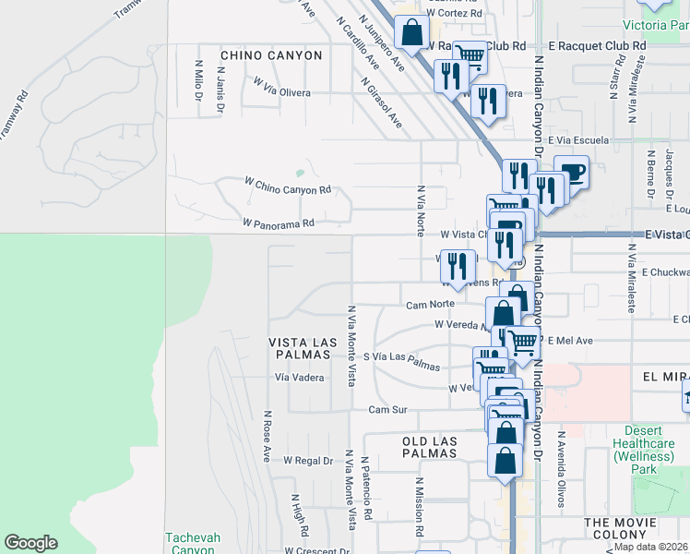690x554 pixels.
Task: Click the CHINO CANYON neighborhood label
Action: [x=271, y=55]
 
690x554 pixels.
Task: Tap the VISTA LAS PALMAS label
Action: [x=302, y=349]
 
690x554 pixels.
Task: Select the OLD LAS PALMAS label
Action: [x=430, y=447]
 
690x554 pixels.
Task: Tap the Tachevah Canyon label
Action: [x=191, y=544]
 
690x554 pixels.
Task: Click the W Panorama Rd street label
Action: [x=279, y=223]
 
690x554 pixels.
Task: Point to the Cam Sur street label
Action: [x=387, y=409]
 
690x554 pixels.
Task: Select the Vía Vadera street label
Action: [x=299, y=378]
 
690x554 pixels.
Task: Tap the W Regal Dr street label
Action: [x=307, y=460]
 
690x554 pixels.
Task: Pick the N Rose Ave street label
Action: [x=268, y=436]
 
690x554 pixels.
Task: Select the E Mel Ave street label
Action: [x=569, y=341]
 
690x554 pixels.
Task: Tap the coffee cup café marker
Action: [x=571, y=172]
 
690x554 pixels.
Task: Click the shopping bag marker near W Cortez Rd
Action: [x=411, y=33]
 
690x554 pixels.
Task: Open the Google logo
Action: [x=30, y=543]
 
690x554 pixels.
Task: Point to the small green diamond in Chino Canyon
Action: [x=299, y=173]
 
